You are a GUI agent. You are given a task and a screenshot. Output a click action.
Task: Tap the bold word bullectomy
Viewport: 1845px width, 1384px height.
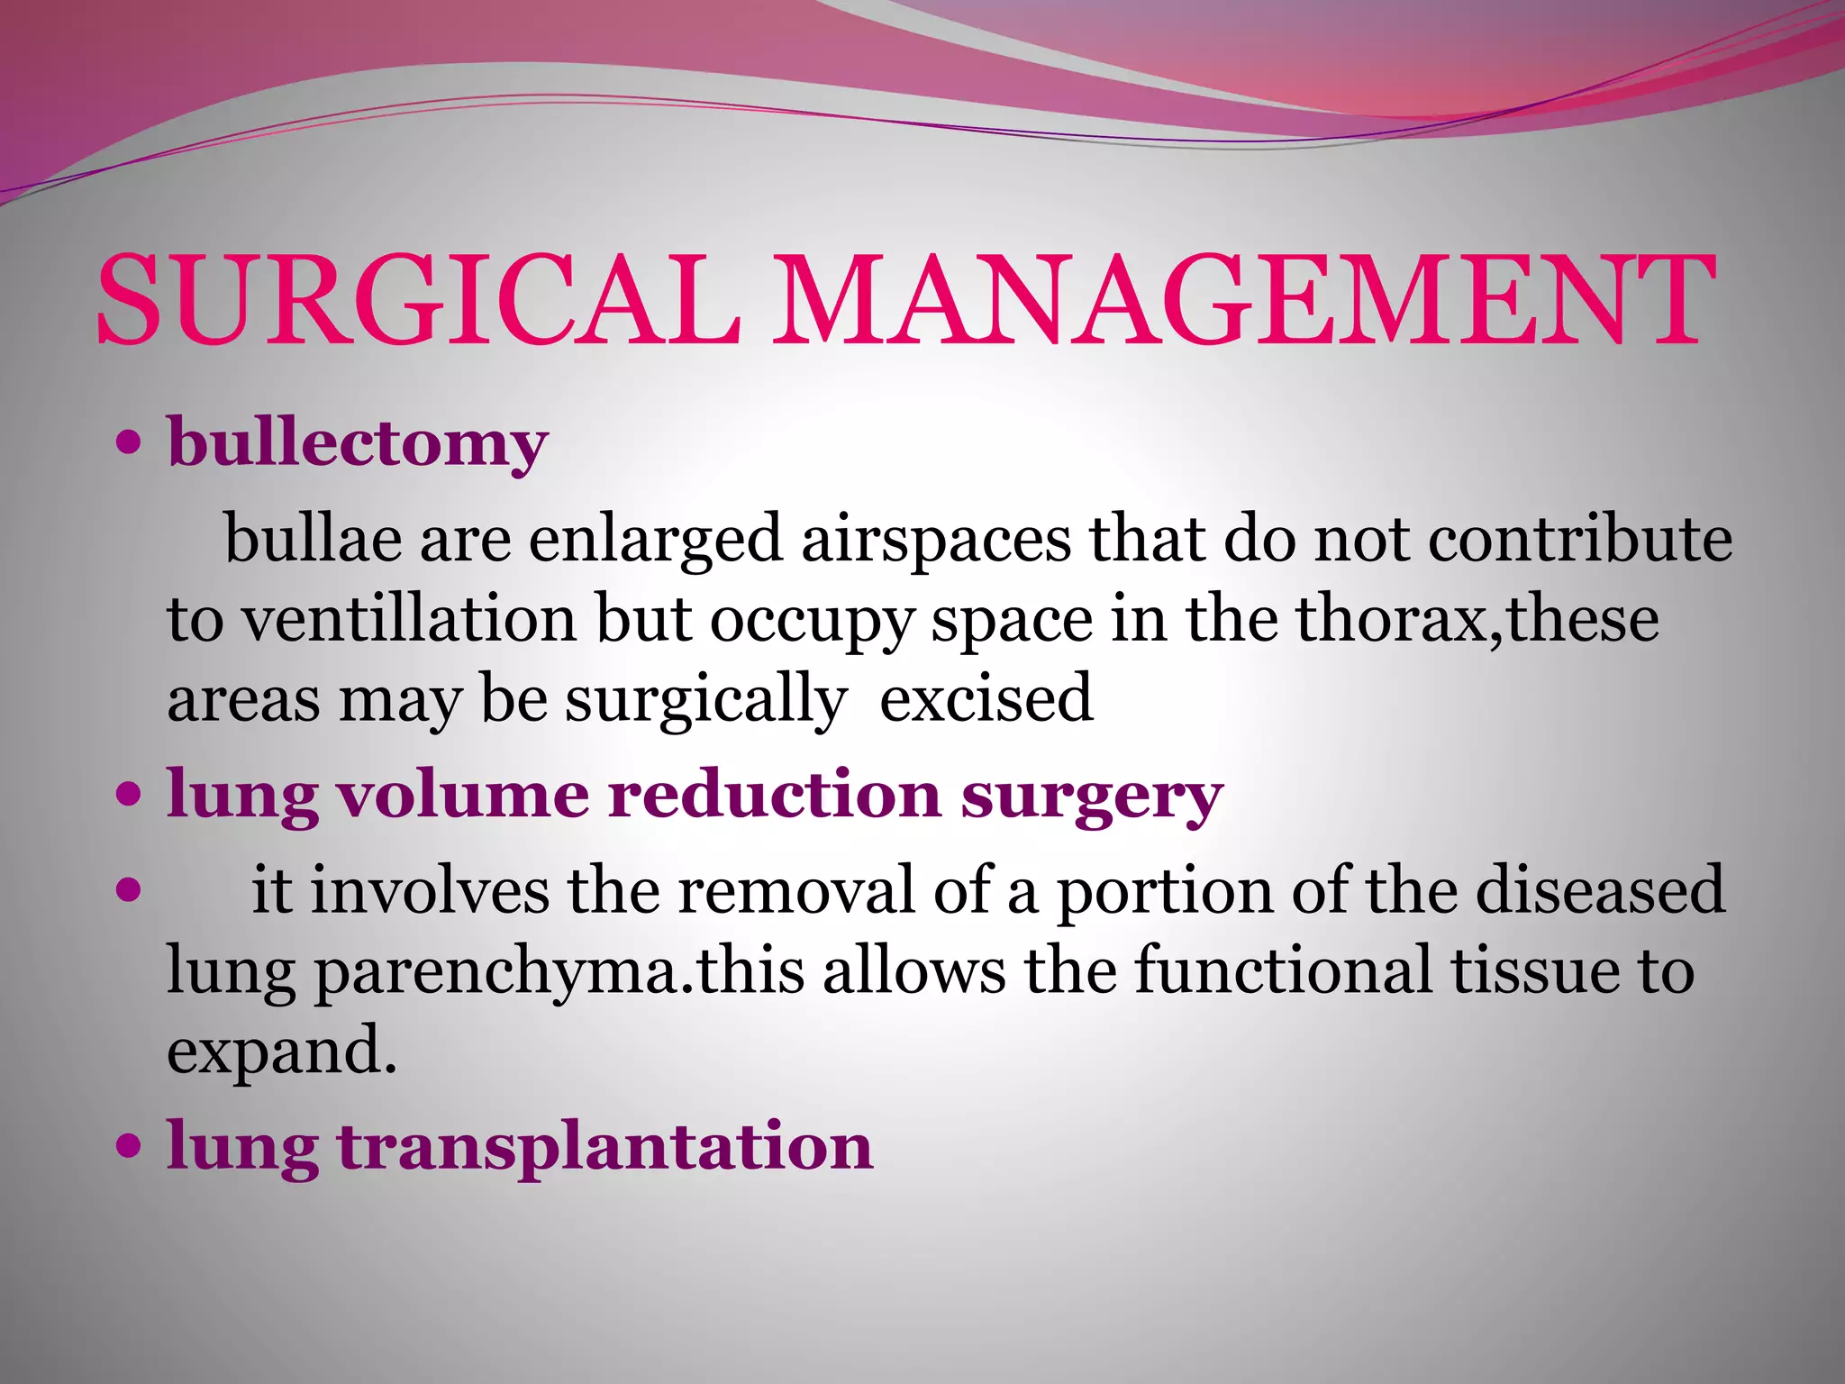pyautogui.click(x=357, y=444)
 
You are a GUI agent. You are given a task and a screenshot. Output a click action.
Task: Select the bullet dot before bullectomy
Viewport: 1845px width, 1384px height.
pyautogui.click(x=130, y=443)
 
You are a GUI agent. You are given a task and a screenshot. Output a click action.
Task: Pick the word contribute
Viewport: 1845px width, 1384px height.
pyautogui.click(x=1579, y=539)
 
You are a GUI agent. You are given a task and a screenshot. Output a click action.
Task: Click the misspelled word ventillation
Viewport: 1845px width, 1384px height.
pyautogui.click(x=409, y=619)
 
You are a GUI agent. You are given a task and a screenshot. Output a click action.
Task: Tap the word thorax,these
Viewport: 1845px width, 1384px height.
pyautogui.click(x=1477, y=619)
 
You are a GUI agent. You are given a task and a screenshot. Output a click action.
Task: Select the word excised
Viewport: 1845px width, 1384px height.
pyautogui.click(x=986, y=698)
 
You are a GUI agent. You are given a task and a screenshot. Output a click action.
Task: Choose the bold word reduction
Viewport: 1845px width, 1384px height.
pyautogui.click(x=774, y=795)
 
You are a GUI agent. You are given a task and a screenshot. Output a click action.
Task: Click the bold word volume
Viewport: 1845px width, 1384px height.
pyautogui.click(x=463, y=795)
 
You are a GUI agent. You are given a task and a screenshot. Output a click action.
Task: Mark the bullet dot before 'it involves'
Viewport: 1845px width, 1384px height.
pyautogui.click(x=130, y=890)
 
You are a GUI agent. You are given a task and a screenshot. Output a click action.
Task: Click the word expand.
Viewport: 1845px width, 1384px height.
pyautogui.click(x=282, y=1052)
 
